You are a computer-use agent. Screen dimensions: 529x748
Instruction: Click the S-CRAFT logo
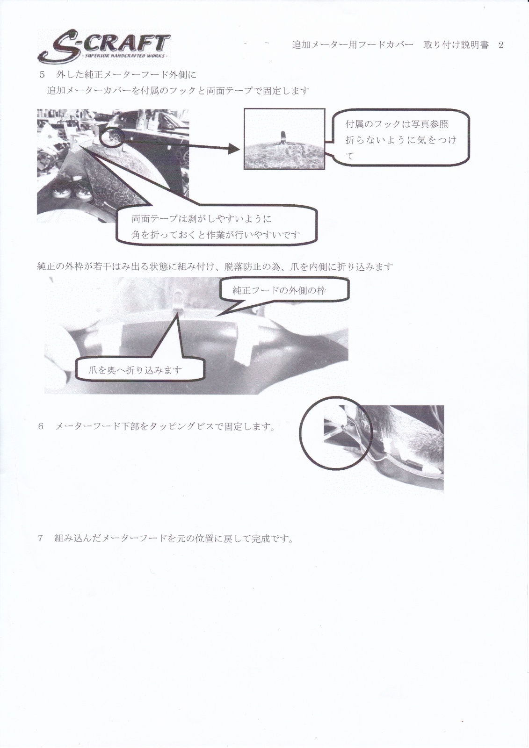click(103, 48)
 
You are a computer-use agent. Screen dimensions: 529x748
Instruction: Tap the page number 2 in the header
click(500, 45)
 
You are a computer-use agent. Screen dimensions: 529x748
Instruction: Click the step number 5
click(42, 75)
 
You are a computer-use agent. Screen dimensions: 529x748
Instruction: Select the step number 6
click(41, 426)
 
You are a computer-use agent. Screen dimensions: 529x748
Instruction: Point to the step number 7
click(41, 538)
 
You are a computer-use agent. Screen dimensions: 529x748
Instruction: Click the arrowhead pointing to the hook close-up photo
click(234, 149)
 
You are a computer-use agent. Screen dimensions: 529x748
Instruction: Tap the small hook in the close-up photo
click(283, 137)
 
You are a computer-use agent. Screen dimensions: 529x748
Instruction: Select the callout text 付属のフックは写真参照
click(397, 124)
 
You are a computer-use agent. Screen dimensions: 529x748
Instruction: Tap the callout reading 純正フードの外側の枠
click(279, 290)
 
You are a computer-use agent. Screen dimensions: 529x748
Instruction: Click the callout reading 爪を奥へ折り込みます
click(135, 370)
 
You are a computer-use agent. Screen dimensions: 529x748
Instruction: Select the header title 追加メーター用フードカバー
click(353, 45)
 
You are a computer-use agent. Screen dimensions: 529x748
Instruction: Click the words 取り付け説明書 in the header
click(456, 45)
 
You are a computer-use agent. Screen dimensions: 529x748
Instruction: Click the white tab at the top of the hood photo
click(180, 299)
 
